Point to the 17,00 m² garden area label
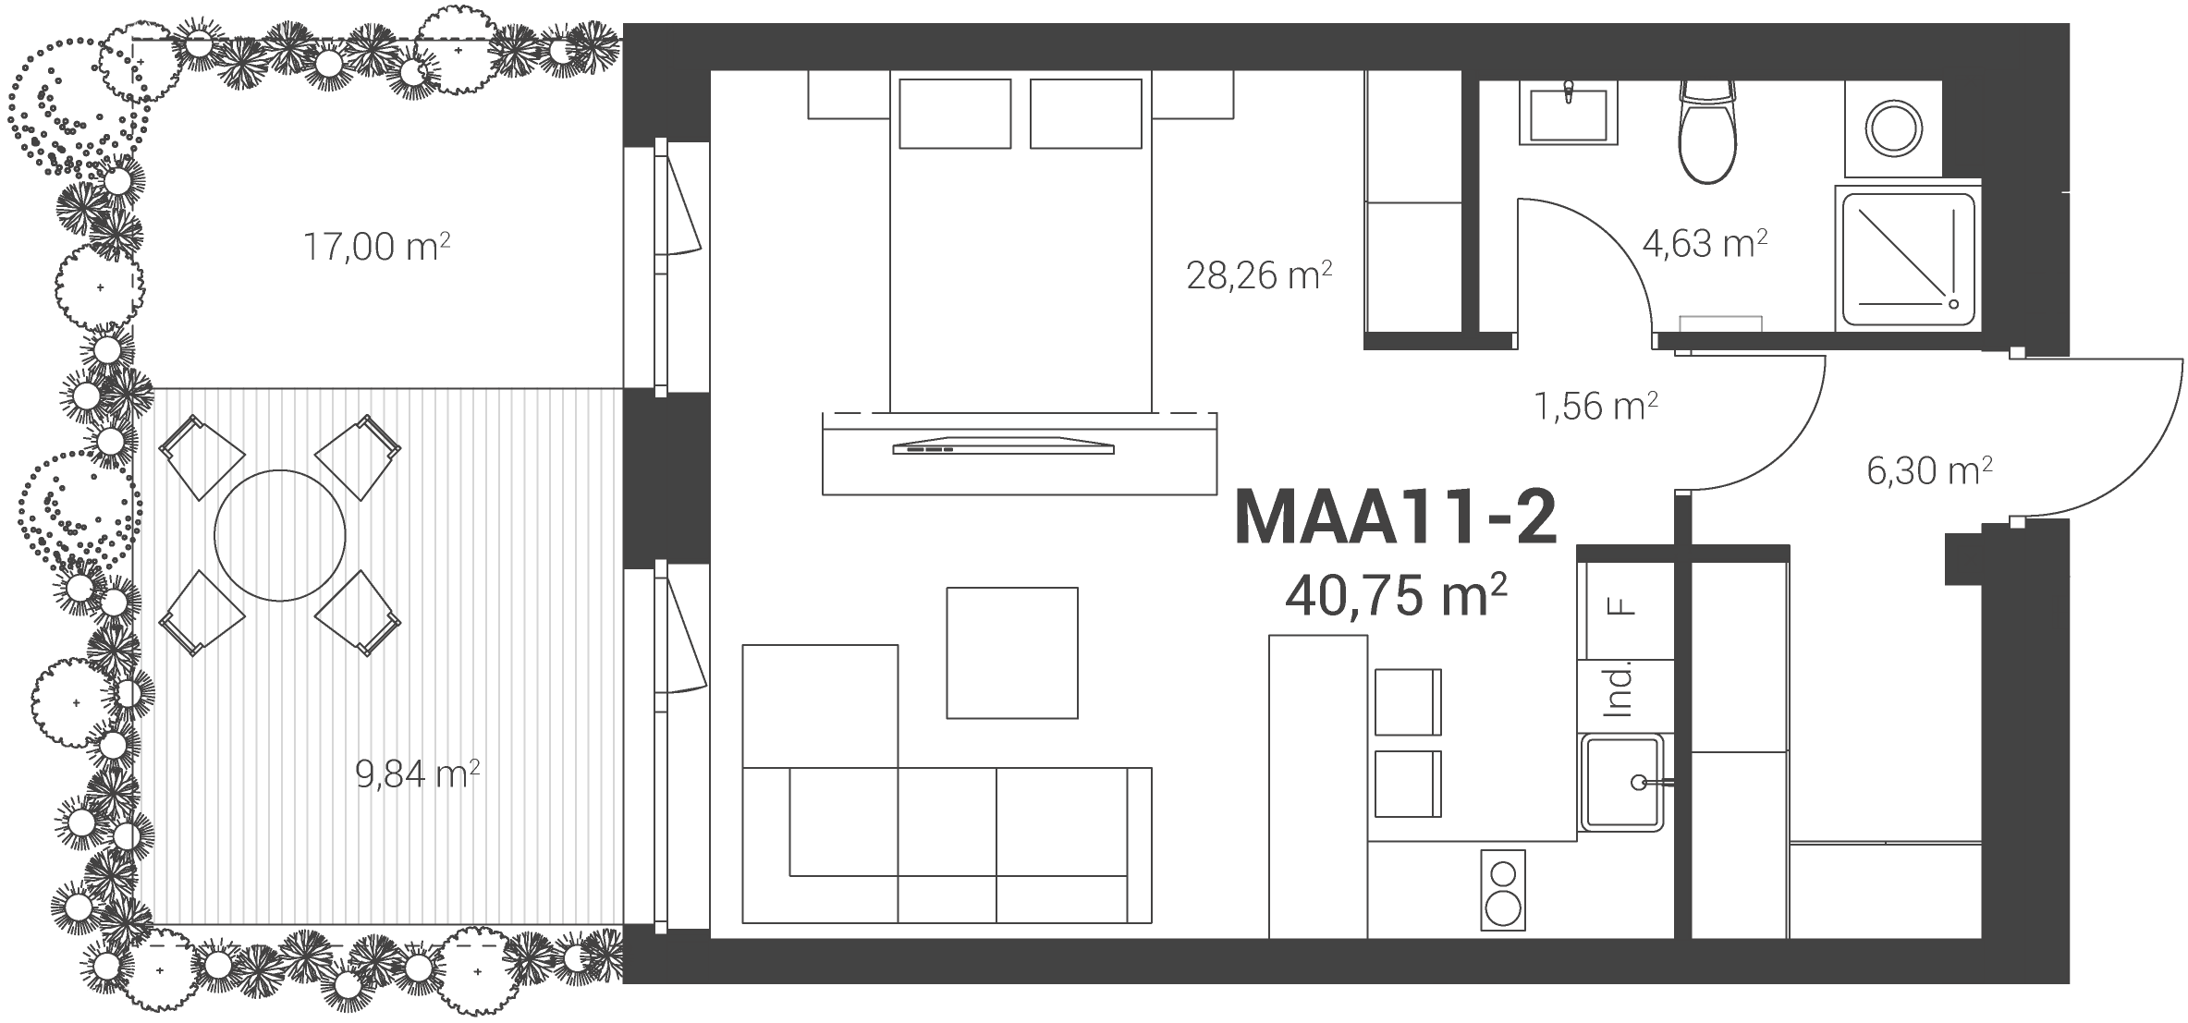click(377, 247)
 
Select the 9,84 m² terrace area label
click(418, 773)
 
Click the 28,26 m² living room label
click(1259, 274)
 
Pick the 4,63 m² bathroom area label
click(1705, 244)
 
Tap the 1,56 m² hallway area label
click(1595, 406)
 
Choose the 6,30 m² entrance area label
click(1929, 470)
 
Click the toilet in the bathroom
click(1707, 131)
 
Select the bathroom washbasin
click(1569, 113)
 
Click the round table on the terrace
click(280, 535)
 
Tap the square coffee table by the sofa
click(1012, 653)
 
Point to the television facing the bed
click(1003, 445)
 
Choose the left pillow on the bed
click(955, 114)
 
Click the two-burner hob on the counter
click(1502, 890)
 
